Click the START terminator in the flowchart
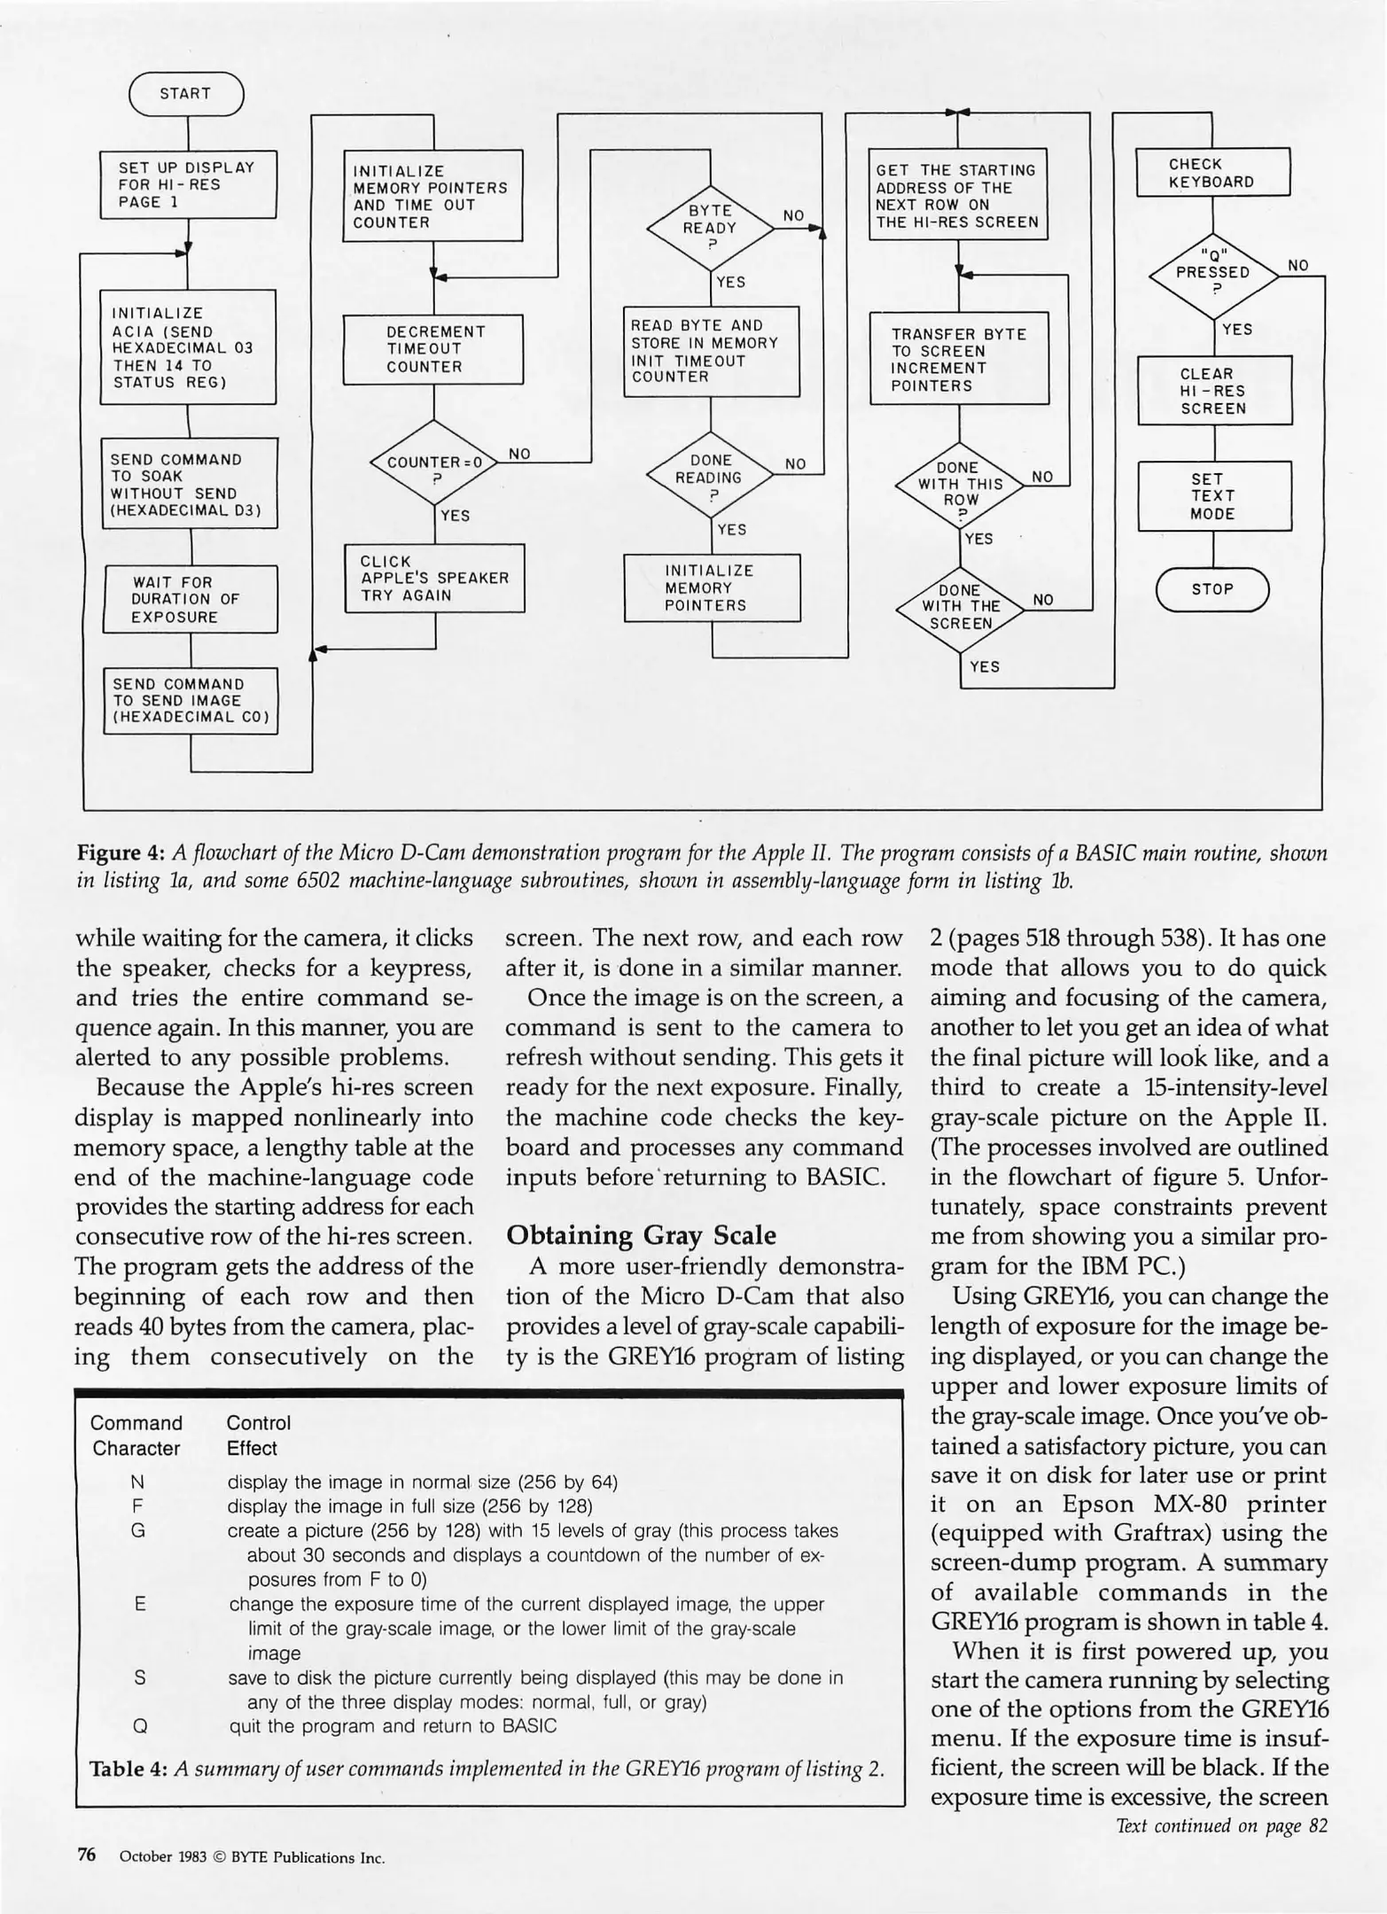(x=186, y=94)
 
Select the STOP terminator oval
(x=1212, y=589)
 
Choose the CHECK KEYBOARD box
(x=1212, y=173)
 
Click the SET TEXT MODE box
(x=1214, y=496)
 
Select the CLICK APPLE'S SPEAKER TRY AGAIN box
(x=434, y=578)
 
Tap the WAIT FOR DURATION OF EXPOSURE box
(x=190, y=599)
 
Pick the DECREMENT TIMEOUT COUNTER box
(x=432, y=349)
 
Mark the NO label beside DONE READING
(x=795, y=463)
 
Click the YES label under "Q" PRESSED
(x=1236, y=330)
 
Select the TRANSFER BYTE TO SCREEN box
(x=959, y=359)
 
